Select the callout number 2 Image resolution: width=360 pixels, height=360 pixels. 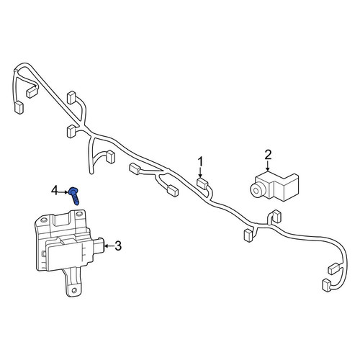268,155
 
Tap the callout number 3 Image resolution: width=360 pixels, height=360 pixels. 118,246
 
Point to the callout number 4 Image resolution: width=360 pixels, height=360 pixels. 55,192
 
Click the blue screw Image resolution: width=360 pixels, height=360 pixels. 74,196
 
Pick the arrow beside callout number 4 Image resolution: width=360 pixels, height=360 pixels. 63,192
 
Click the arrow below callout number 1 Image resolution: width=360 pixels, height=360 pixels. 200,173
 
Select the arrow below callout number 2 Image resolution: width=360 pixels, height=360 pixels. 268,166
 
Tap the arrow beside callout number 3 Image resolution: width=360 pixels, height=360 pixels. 109,246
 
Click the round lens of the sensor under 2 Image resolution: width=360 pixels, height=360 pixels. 256,190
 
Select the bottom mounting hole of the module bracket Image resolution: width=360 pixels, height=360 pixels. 74,290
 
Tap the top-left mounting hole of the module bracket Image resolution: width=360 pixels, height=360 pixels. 43,220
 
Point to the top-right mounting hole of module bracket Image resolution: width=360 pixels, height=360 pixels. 79,215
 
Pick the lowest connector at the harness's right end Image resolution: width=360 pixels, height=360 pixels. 326,284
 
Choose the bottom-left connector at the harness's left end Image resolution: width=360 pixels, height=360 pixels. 19,107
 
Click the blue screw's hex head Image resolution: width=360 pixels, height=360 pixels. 72,192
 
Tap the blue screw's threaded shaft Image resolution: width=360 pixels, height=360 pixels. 76,199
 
